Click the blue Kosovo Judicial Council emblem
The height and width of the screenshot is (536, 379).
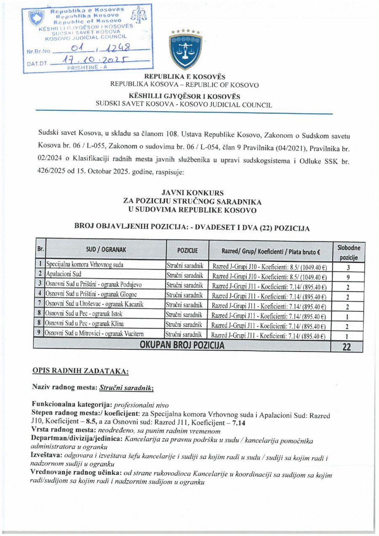point(185,50)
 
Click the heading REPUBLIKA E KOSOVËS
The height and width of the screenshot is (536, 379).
point(184,77)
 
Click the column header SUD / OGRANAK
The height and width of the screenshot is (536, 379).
point(105,252)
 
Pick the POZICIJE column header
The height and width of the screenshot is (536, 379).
point(187,252)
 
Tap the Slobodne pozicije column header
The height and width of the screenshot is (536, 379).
point(349,252)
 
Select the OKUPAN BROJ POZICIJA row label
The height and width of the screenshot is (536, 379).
point(182,346)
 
